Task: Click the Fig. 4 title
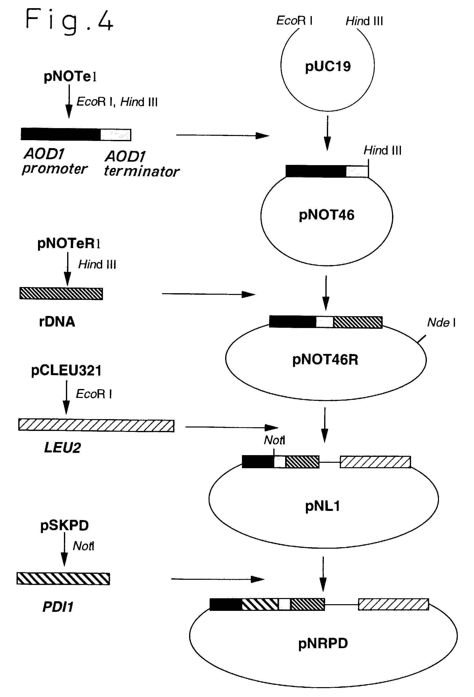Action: click(69, 20)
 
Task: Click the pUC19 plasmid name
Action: click(328, 66)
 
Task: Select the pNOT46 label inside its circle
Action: click(326, 215)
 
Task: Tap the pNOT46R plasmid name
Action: click(325, 360)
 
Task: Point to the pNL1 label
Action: click(322, 506)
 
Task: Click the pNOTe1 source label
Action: click(70, 77)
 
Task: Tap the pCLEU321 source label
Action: click(66, 370)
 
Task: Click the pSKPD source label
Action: click(64, 525)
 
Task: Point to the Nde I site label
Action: click(441, 323)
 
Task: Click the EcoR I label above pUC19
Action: click(294, 21)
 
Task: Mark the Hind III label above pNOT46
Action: click(382, 150)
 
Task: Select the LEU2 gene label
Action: click(62, 448)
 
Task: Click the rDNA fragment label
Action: click(57, 322)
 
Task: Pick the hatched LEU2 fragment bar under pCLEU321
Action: click(96, 425)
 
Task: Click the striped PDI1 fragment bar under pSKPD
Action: click(63, 579)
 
